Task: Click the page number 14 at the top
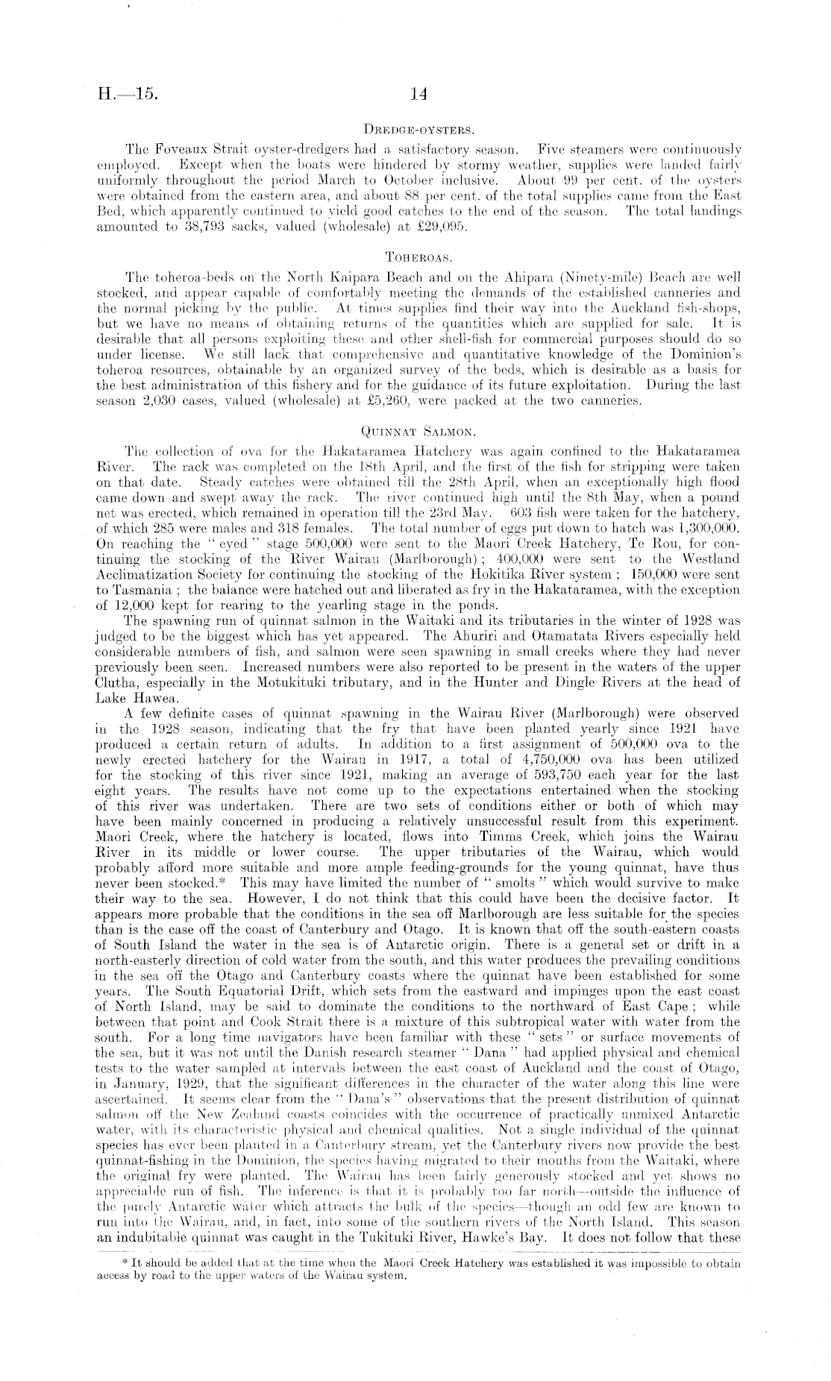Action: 417,95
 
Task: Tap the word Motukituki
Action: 307,683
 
